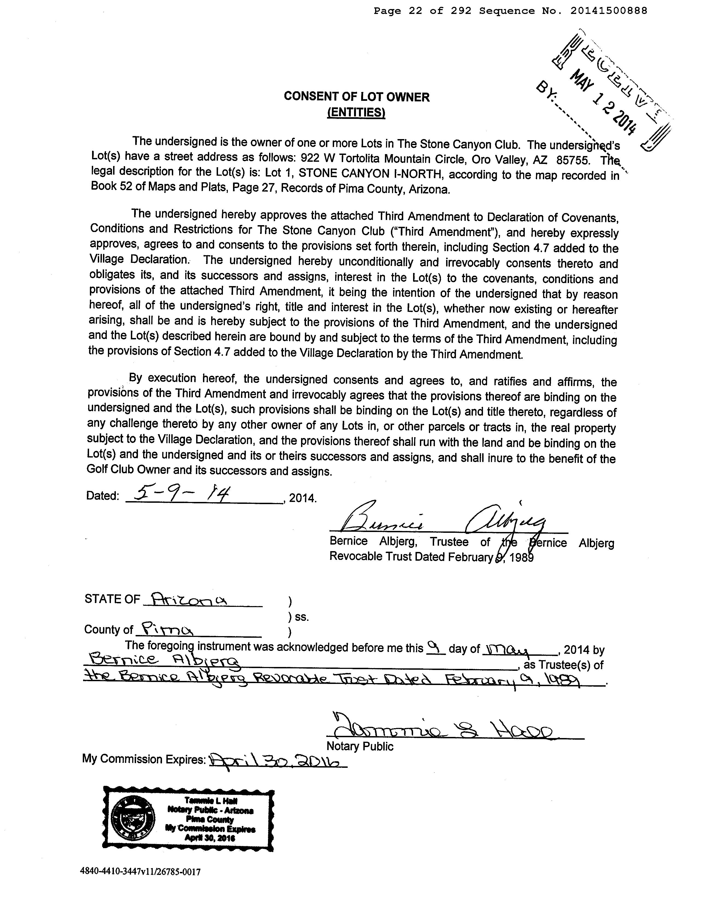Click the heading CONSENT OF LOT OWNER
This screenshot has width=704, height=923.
point(356,97)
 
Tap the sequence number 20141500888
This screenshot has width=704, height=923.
point(608,11)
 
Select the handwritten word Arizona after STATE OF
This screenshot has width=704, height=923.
point(188,599)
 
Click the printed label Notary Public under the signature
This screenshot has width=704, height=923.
point(360,746)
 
